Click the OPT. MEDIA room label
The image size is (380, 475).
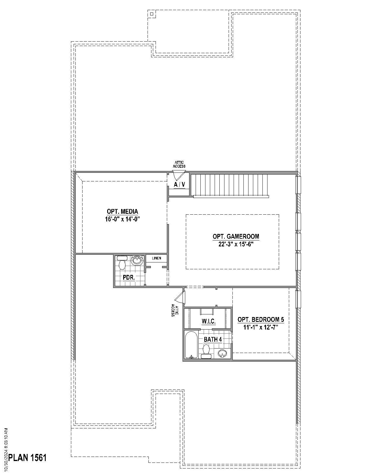pos(122,212)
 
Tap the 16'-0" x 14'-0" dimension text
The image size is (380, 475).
pos(122,219)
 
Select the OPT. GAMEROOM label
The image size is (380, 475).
pos(236,237)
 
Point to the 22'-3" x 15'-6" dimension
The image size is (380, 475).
pos(236,244)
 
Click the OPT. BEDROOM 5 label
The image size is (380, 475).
pos(261,320)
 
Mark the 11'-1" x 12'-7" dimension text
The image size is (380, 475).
pos(261,327)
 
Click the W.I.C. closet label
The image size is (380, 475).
pos(208,322)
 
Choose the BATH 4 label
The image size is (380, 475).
pos(213,339)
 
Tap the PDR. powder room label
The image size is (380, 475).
pos(129,278)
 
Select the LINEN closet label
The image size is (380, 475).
pos(156,258)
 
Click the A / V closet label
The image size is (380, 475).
pos(179,185)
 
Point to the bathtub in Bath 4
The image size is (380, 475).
pos(191,345)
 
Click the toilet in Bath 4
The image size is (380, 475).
pos(206,351)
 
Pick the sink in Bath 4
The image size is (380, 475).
pos(223,353)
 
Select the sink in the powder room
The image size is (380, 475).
pos(137,261)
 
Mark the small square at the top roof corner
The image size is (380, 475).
pos(152,14)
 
